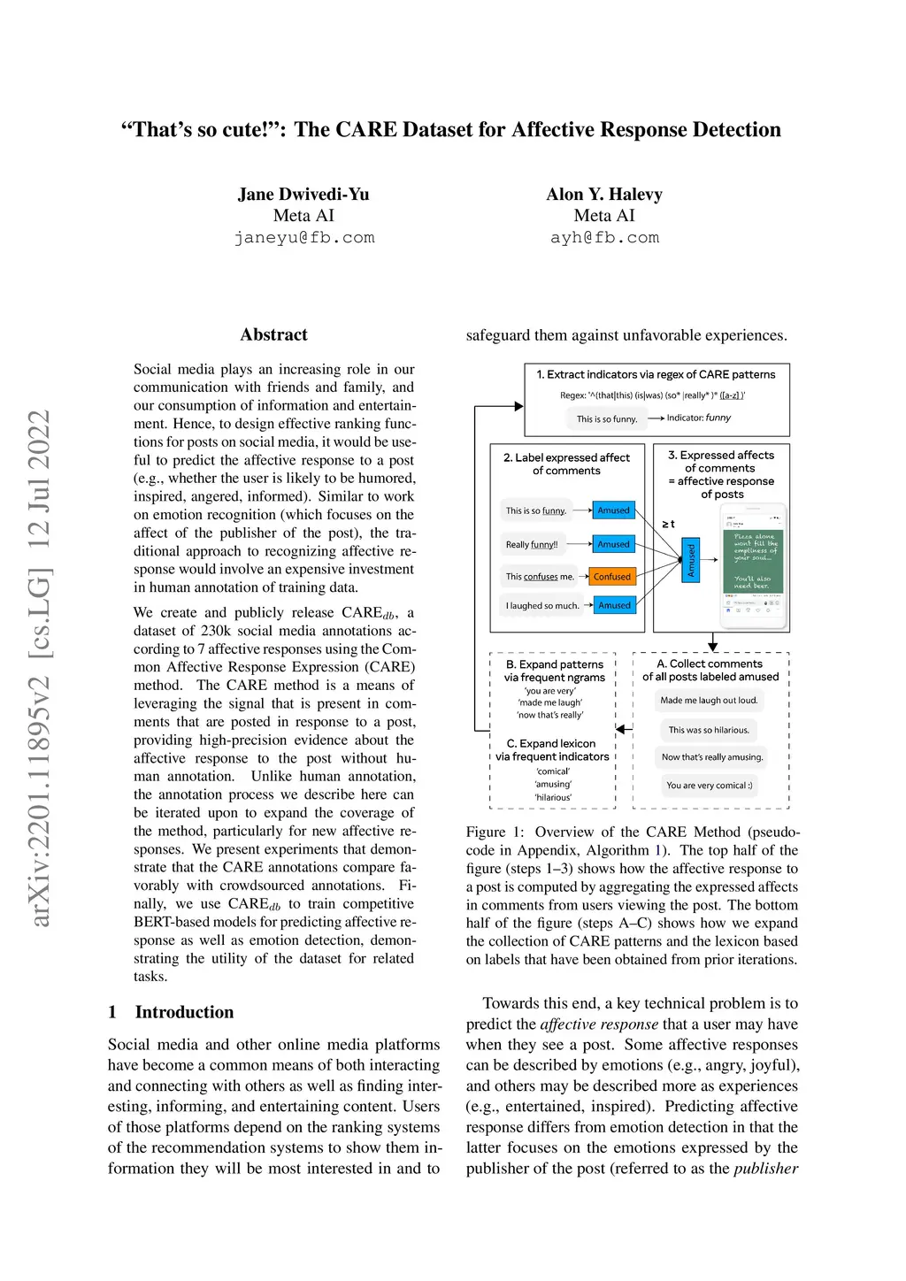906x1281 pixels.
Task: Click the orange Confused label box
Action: (612, 577)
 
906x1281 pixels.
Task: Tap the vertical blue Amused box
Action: (692, 560)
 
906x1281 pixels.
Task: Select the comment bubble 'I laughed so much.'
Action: (542, 606)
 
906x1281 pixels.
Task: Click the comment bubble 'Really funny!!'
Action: (532, 545)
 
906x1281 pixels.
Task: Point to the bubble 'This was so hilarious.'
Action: (709, 730)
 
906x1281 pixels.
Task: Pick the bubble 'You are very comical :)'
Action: (710, 786)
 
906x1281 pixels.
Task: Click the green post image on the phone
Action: (753, 561)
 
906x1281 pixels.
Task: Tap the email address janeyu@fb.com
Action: (304, 238)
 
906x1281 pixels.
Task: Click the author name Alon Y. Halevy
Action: (604, 195)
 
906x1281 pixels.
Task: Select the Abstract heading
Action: (273, 334)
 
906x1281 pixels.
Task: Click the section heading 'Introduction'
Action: (184, 1012)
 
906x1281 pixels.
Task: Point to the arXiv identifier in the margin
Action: (40, 669)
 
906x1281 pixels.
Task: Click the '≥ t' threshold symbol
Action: (668, 524)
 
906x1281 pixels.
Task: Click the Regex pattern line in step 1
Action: (652, 395)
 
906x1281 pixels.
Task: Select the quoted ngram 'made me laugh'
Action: (550, 702)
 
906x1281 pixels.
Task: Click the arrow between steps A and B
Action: (624, 729)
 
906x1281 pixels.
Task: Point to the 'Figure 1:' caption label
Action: (495, 832)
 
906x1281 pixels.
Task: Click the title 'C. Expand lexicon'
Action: (551, 743)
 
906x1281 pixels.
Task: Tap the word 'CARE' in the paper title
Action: (365, 130)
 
